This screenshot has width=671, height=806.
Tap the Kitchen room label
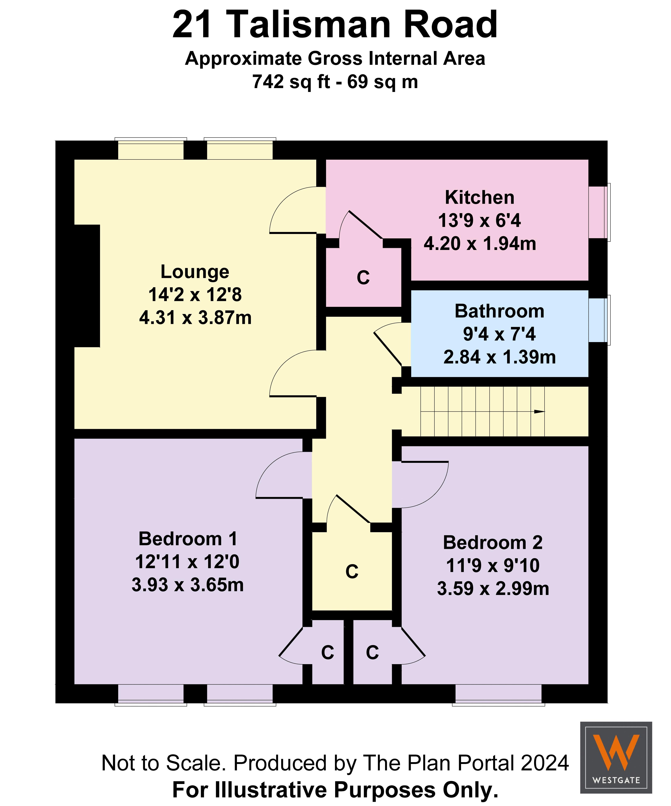(479, 198)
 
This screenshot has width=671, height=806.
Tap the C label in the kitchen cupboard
(363, 277)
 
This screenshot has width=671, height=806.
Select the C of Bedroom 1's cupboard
(327, 652)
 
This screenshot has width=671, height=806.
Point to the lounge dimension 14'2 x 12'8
(195, 295)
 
